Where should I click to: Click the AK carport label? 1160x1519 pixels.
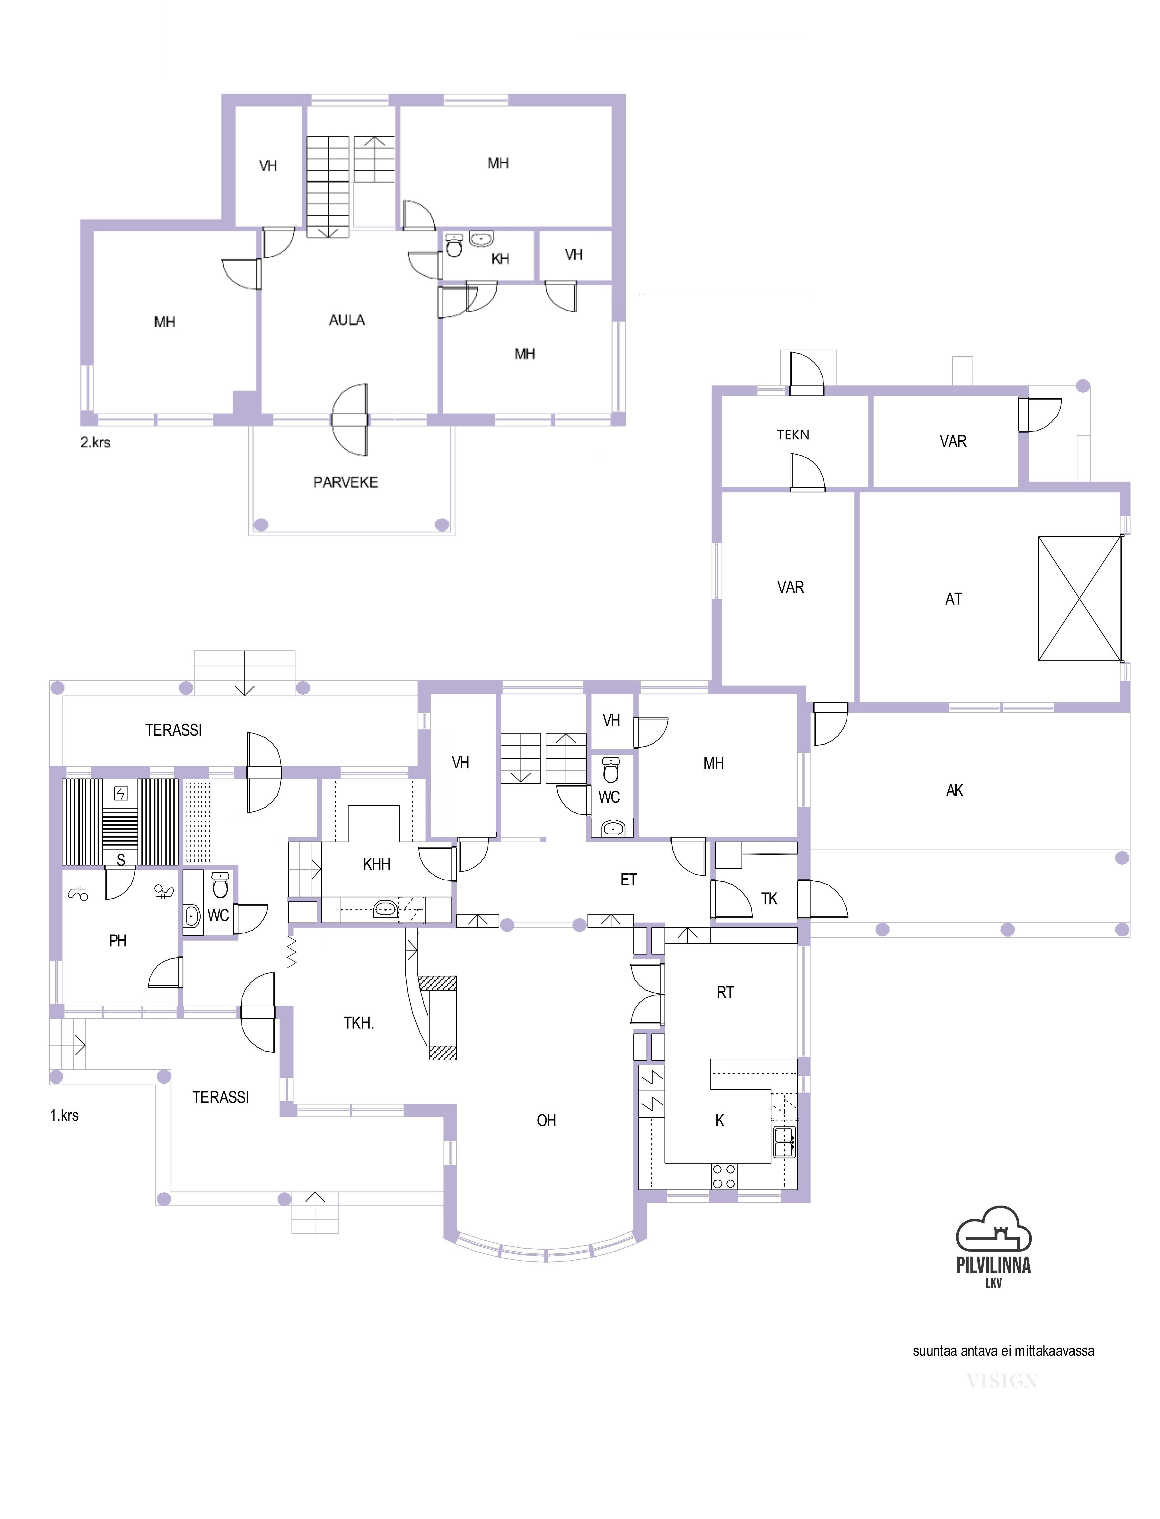click(954, 790)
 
